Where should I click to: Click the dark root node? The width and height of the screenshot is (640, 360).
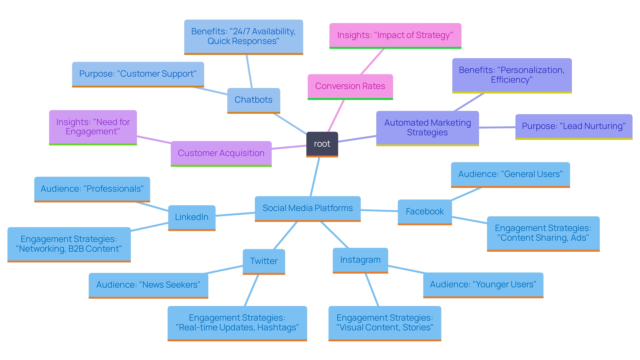[322, 144]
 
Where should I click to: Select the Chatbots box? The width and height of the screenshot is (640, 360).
[253, 100]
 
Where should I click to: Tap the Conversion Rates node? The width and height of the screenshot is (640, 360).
[350, 86]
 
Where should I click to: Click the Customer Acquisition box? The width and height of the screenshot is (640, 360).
[221, 153]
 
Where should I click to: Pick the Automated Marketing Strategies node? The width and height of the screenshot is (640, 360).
[427, 128]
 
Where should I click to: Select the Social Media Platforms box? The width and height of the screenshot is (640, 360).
[307, 208]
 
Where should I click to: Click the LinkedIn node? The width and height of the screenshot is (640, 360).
[192, 217]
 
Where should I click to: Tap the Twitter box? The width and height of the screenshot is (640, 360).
[264, 261]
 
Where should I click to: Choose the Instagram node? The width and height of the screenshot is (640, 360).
[360, 260]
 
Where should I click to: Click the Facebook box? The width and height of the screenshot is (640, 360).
[425, 212]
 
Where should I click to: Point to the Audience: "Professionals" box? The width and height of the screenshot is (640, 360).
[92, 189]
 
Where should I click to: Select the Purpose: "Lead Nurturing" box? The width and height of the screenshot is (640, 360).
[573, 126]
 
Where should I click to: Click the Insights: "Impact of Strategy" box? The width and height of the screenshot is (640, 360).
[395, 35]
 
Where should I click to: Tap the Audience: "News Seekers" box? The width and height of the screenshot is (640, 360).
[148, 285]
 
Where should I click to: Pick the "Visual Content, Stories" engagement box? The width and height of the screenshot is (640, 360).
[385, 323]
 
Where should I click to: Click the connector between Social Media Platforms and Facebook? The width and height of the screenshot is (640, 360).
[379, 210]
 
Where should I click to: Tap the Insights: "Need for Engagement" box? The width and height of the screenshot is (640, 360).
[93, 127]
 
